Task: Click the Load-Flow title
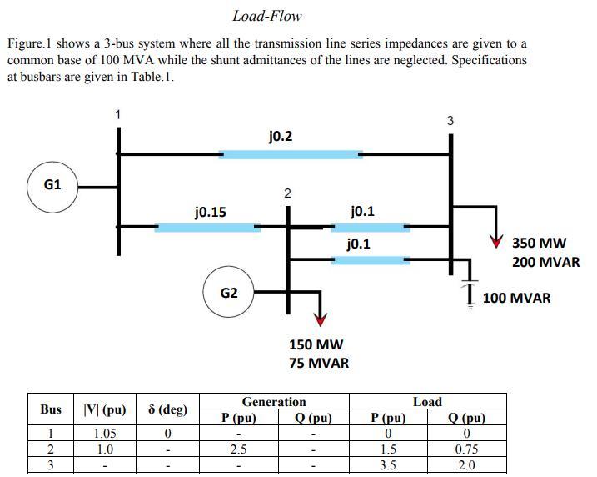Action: pos(266,16)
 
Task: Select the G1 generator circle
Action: pos(53,184)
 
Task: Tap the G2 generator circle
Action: pos(229,293)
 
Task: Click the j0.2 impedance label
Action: pos(281,136)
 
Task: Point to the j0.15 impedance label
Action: pos(210,212)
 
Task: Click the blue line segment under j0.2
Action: pos(291,154)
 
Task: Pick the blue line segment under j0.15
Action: pos(207,227)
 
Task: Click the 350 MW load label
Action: pos(539,244)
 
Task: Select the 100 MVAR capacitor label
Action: pos(516,298)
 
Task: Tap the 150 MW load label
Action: pos(316,344)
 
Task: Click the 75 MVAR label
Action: pos(319,363)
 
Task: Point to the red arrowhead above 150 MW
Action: pos(320,321)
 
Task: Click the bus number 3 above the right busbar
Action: pos(450,121)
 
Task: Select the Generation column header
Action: pos(274,402)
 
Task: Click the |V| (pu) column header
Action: pos(105,409)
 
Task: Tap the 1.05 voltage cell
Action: pos(105,434)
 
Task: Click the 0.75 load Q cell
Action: pos(466,449)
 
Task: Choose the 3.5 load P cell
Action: pos(388,465)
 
